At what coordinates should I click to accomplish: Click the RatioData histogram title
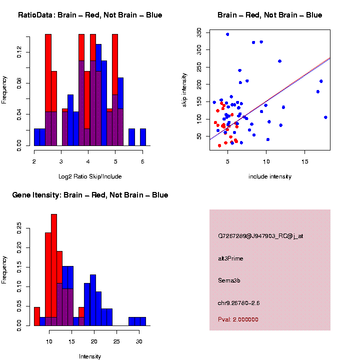[90, 15]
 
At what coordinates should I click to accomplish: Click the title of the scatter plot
[269, 15]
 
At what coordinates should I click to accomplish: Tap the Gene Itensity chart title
[90, 195]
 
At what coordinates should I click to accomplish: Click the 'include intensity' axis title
[269, 176]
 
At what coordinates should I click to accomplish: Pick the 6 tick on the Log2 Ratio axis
[142, 161]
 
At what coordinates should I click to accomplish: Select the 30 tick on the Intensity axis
[139, 341]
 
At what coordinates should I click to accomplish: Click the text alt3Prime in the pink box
[230, 258]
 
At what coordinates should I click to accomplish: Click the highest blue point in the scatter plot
[227, 34]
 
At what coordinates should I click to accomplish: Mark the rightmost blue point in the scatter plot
[325, 117]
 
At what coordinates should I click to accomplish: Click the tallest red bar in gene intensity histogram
[54, 270]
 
